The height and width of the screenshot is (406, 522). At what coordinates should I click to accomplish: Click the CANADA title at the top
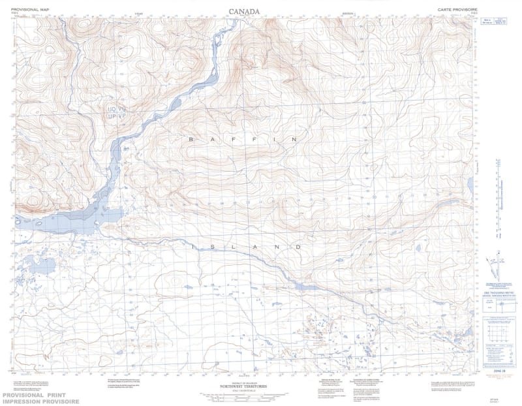coord(245,11)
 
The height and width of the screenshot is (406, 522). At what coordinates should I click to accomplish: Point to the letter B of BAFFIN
coord(191,140)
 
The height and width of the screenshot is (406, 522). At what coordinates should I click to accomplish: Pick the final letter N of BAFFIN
coord(294,140)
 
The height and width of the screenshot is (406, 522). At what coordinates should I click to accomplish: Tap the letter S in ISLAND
coord(215,247)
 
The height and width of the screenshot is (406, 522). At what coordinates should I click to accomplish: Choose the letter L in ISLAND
coord(236,247)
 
